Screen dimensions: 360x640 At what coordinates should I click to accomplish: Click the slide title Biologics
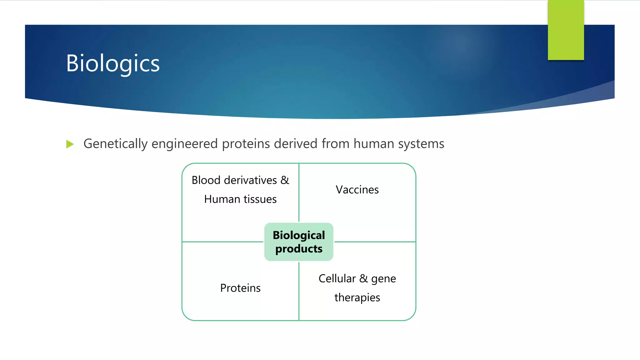(113, 63)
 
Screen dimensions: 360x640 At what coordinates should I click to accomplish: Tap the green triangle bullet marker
(70, 144)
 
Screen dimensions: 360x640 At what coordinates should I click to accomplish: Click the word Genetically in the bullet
(115, 144)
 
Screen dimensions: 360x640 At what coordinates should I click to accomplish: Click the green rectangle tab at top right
(566, 30)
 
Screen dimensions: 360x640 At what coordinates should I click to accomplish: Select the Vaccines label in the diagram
(357, 190)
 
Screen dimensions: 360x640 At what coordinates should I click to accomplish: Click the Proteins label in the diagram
(240, 288)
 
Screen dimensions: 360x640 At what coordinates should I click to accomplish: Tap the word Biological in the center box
(299, 235)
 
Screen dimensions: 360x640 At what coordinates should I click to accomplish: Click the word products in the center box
(299, 249)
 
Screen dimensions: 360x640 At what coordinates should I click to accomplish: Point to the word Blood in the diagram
(206, 180)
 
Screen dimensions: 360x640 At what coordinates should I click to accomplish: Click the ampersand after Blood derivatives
(285, 180)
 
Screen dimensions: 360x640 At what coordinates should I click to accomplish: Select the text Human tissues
(240, 199)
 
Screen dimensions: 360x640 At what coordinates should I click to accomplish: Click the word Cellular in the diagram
(337, 278)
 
